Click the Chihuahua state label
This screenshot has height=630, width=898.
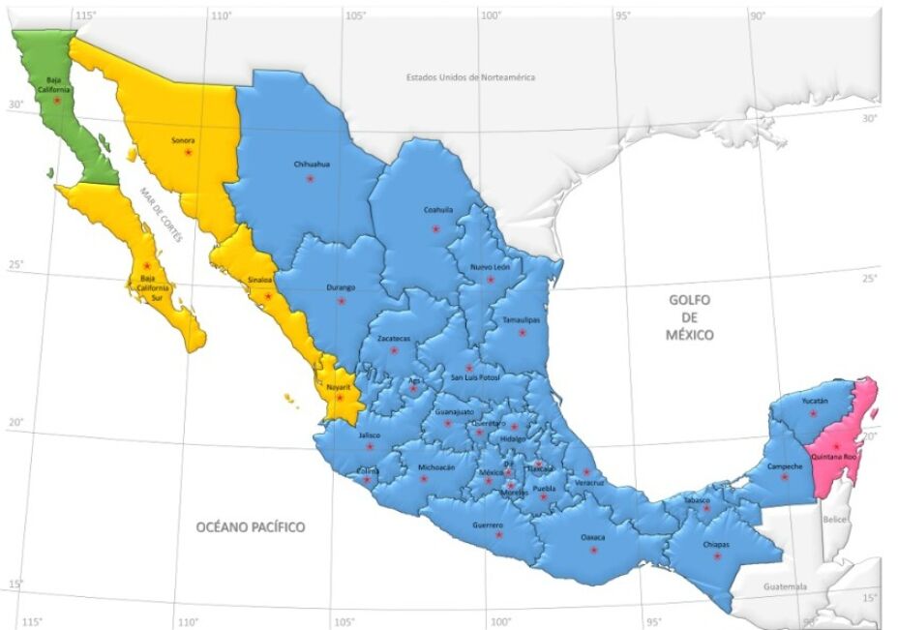click(312, 164)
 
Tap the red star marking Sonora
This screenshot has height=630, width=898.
click(189, 152)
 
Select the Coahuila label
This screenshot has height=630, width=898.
click(437, 209)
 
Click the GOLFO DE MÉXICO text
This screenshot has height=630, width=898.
click(690, 317)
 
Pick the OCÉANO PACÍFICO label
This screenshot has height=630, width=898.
click(251, 527)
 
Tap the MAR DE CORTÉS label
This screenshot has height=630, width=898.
click(160, 215)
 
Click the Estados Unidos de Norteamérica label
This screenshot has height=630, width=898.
click(470, 76)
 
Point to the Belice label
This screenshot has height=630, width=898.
click(834, 520)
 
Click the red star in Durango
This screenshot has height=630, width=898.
click(342, 301)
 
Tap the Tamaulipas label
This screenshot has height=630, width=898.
click(521, 318)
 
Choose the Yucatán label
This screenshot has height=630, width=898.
click(815, 401)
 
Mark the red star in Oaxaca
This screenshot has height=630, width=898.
click(593, 550)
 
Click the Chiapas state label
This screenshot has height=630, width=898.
click(716, 544)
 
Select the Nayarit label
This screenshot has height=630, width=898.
click(338, 386)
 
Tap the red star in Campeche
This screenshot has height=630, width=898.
click(785, 476)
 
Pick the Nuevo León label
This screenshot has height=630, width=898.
click(491, 266)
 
